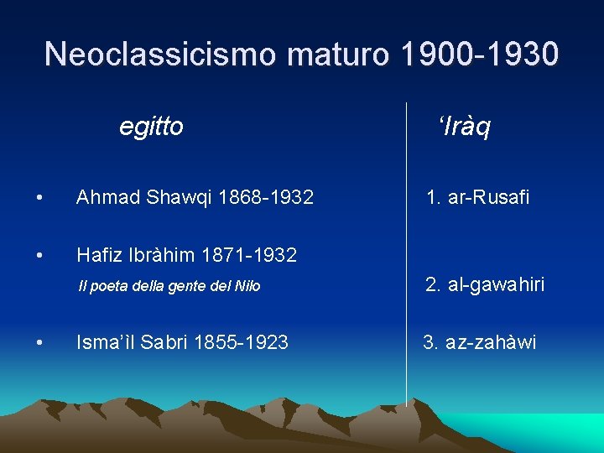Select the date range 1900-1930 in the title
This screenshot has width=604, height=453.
(x=479, y=55)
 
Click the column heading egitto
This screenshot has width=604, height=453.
(x=151, y=128)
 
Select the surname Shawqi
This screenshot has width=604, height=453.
(x=180, y=198)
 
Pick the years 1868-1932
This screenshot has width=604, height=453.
(x=266, y=198)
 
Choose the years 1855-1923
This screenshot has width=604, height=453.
(x=241, y=342)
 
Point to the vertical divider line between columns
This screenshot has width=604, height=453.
(x=407, y=252)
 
